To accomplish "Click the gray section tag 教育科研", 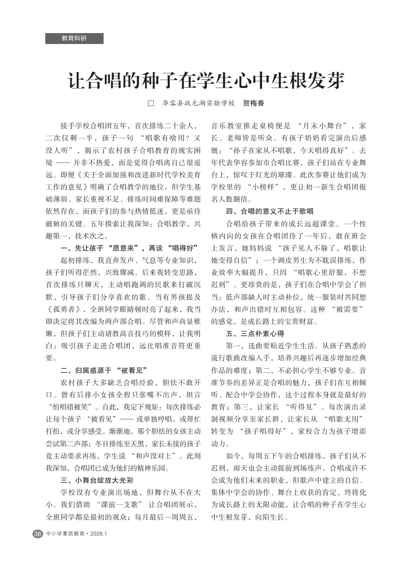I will [x=74, y=38].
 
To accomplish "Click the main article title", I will [x=206, y=80].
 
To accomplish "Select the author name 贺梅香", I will [x=254, y=103].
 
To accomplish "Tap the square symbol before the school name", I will [x=151, y=103].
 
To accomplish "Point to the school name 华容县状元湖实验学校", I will [x=198, y=103].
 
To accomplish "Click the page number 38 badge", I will [x=37, y=534].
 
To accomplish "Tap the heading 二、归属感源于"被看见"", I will [x=105, y=370].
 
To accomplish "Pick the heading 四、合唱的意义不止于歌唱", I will [x=270, y=211].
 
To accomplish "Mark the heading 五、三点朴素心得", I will [x=255, y=334].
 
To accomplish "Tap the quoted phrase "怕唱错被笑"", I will [x=71, y=406].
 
